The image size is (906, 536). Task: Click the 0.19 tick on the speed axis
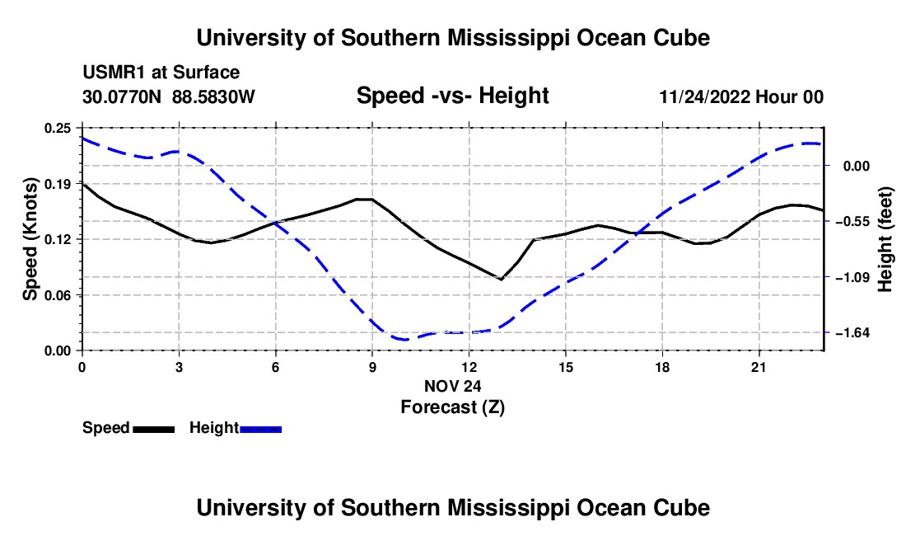(57, 184)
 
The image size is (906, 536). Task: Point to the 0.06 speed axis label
(57, 295)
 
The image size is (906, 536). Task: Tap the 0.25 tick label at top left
(57, 129)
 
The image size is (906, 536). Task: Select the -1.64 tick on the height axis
(852, 333)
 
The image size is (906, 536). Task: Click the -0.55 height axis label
(852, 222)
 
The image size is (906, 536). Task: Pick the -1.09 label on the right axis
(852, 278)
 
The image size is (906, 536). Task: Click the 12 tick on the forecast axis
(469, 367)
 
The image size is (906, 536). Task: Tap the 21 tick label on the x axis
(759, 367)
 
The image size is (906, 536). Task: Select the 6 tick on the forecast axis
(276, 367)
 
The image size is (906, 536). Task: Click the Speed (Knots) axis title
(30, 239)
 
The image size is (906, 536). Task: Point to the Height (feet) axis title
(885, 239)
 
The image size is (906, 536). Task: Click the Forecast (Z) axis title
(453, 407)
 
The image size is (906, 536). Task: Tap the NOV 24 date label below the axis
(452, 386)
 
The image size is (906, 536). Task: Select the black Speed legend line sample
(154, 430)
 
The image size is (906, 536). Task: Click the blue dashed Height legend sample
(260, 430)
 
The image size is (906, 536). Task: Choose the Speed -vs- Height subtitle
(452, 96)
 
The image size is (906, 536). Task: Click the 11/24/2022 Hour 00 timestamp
(741, 96)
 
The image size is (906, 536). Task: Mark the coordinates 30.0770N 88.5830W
(168, 96)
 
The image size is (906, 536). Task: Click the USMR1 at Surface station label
(161, 73)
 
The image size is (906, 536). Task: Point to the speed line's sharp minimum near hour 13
(501, 280)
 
